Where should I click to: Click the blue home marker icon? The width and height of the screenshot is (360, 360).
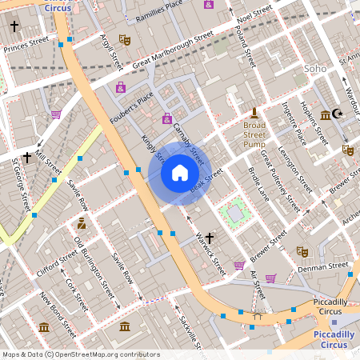(x=180, y=172)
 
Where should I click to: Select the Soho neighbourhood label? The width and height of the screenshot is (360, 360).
(x=316, y=69)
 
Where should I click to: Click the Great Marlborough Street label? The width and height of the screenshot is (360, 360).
(x=173, y=50)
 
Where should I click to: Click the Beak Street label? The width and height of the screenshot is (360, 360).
(x=206, y=181)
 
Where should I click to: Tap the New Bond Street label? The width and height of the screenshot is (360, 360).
(x=58, y=314)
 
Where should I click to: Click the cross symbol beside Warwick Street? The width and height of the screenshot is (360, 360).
(x=210, y=238)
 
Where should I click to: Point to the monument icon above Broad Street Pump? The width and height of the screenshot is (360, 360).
(x=254, y=111)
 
